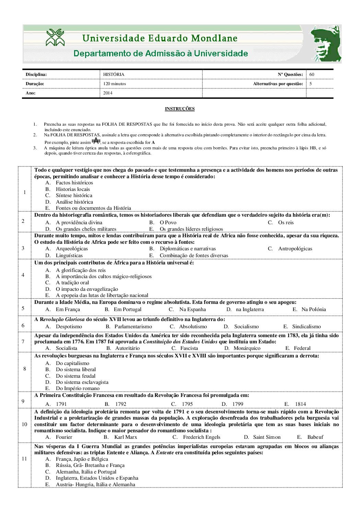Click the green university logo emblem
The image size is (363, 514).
[x=55, y=37]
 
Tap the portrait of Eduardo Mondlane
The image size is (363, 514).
[x=326, y=44]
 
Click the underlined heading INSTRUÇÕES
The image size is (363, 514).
[x=179, y=109]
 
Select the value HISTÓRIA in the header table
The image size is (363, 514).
[x=114, y=75]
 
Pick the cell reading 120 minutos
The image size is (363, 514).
[x=115, y=84]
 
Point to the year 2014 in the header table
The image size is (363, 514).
[x=108, y=93]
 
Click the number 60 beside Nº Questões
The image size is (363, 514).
[x=312, y=75]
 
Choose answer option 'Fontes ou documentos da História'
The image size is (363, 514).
[x=93, y=208]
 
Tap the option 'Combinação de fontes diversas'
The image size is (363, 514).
[x=194, y=255]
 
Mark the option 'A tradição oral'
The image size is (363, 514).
[x=72, y=283]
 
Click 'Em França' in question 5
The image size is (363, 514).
[x=68, y=309]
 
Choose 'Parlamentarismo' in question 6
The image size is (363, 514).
[x=133, y=327]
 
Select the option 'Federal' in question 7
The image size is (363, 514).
[x=302, y=348]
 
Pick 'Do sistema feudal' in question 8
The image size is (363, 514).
[x=75, y=376]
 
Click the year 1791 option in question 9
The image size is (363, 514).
[x=61, y=404]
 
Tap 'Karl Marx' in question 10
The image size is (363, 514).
[x=126, y=437]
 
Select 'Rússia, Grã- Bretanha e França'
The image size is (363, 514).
[x=90, y=465]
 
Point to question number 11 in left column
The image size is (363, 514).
[x=24, y=459]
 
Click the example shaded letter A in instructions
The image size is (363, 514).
[x=96, y=141]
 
